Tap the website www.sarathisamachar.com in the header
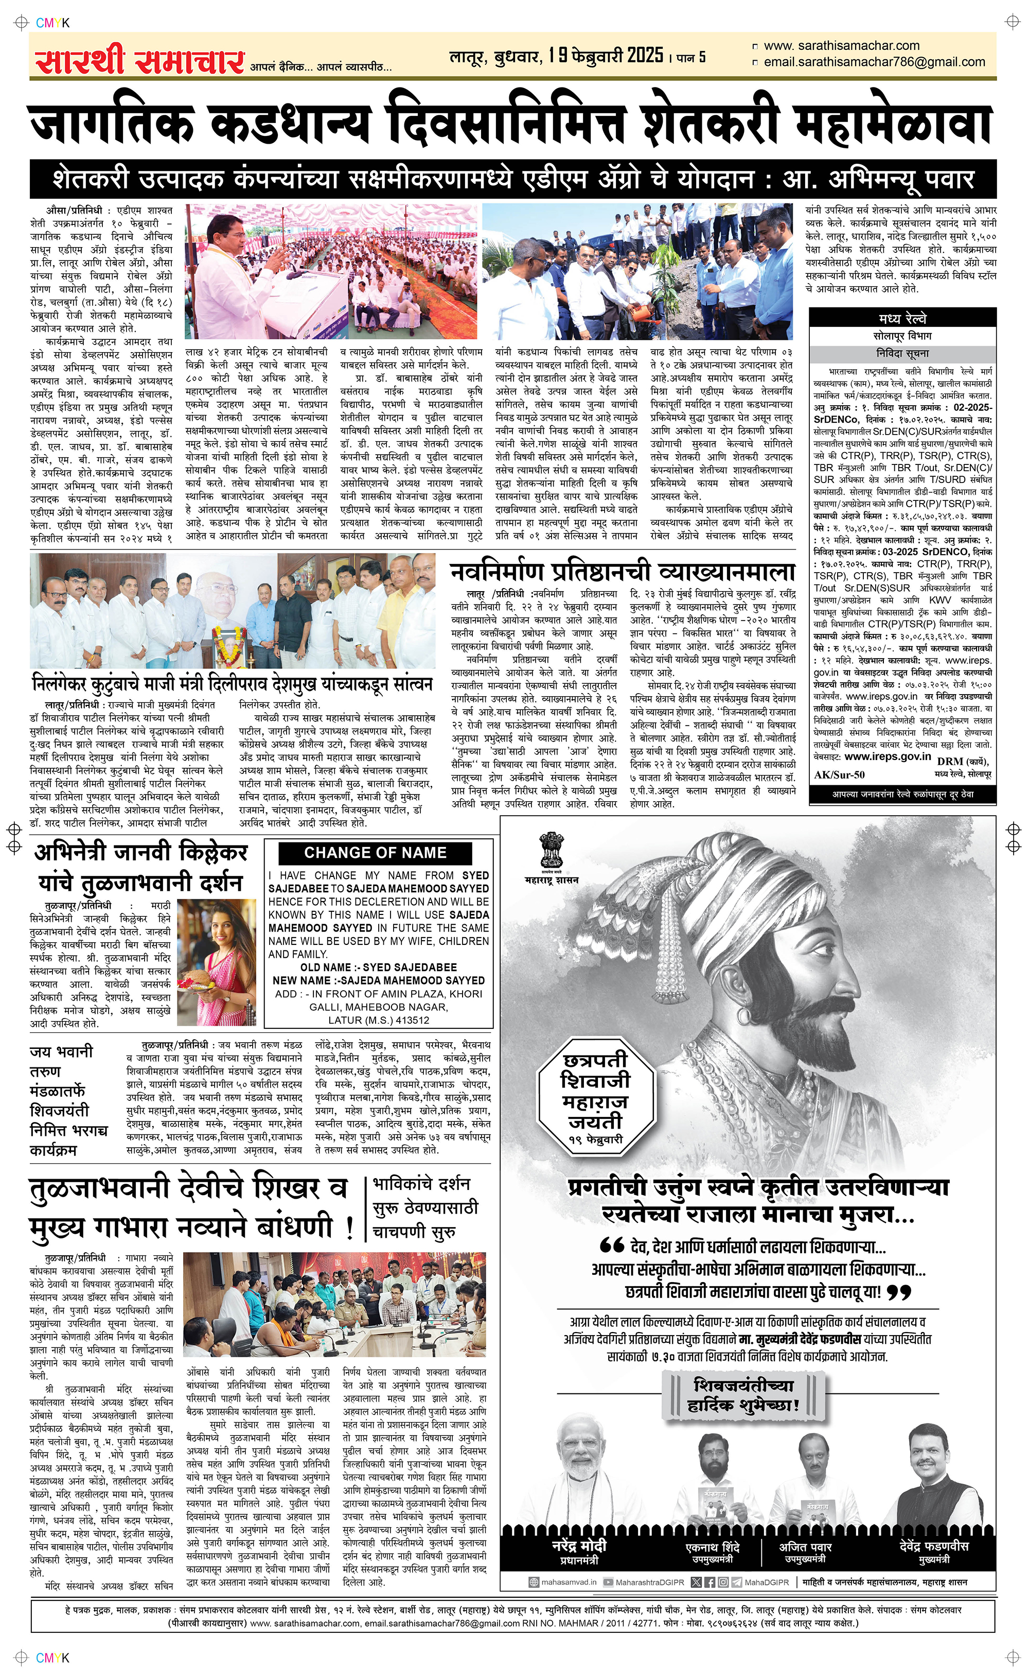point(841,46)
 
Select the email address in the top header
point(874,62)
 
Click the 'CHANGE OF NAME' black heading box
point(375,853)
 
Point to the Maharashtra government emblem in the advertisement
point(551,850)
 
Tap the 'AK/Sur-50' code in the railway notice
point(839,775)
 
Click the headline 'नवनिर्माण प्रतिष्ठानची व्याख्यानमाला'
point(623,571)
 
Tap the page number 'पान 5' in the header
point(691,58)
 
